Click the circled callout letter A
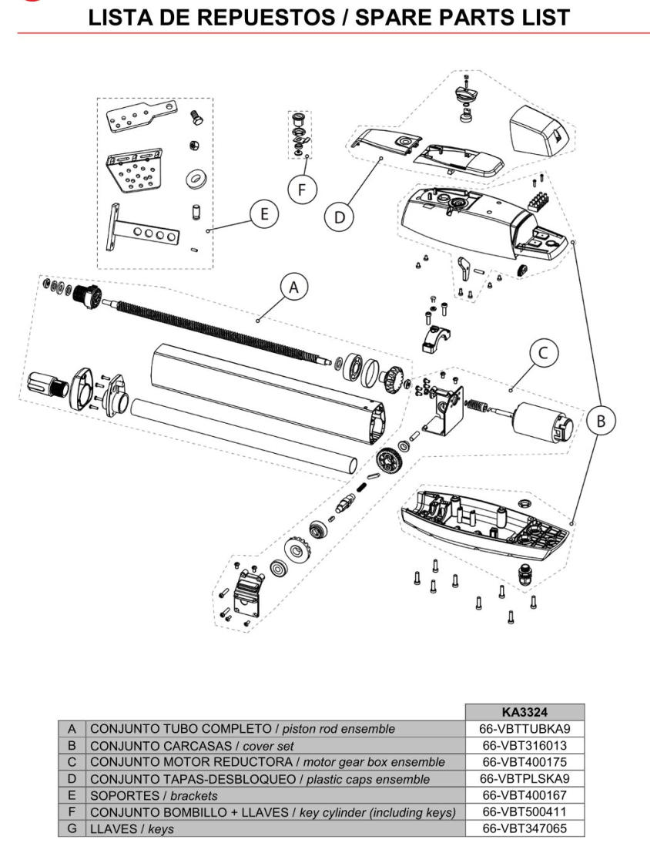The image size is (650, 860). pyautogui.click(x=291, y=288)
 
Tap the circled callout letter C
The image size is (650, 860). pyautogui.click(x=543, y=354)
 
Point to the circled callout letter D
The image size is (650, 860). pyautogui.click(x=340, y=217)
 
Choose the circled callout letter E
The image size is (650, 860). pyautogui.click(x=264, y=214)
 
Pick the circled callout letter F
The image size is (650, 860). pyautogui.click(x=307, y=188)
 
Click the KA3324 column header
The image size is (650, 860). pyautogui.click(x=524, y=712)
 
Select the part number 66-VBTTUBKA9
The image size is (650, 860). pyautogui.click(x=524, y=728)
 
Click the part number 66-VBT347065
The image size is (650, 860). pyautogui.click(x=524, y=828)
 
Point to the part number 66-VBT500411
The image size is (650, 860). pyautogui.click(x=524, y=811)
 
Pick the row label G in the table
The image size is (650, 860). pyautogui.click(x=72, y=828)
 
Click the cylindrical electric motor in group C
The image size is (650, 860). pyautogui.click(x=543, y=422)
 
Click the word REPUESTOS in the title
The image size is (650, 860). pyautogui.click(x=282, y=17)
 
